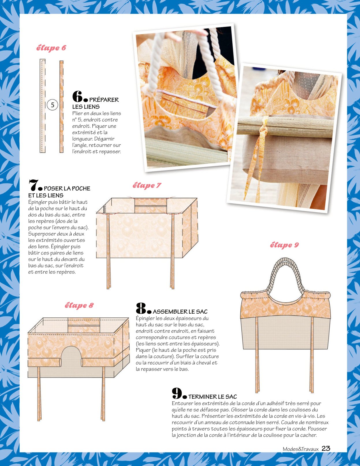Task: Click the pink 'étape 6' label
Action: point(51,48)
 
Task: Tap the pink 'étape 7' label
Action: point(147,185)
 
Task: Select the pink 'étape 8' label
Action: point(79,305)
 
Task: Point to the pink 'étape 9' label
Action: point(284,245)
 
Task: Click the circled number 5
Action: point(52,105)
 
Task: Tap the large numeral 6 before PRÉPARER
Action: point(77,96)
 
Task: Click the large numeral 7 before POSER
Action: point(33,185)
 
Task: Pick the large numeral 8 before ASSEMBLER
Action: point(141,308)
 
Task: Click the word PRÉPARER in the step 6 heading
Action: point(104,100)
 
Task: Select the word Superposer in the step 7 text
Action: point(41,234)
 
